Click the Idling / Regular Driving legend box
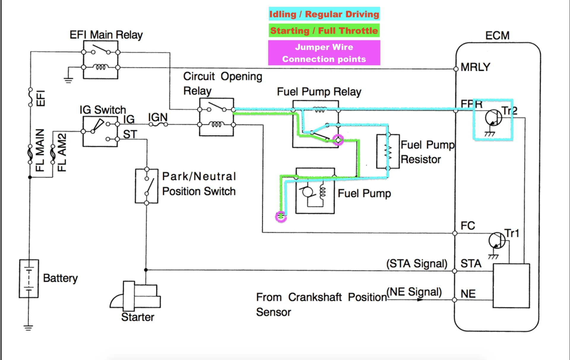click(x=324, y=14)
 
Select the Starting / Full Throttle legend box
click(x=324, y=31)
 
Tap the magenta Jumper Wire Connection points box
click(x=324, y=53)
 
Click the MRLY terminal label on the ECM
click(x=475, y=67)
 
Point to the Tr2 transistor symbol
click(x=493, y=118)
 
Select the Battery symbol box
click(x=29, y=278)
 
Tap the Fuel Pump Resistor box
click(x=388, y=151)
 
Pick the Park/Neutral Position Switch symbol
click(x=147, y=186)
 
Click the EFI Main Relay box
click(x=101, y=60)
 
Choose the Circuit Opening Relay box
click(x=216, y=117)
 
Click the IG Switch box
click(x=100, y=131)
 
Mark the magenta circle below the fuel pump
click(x=281, y=217)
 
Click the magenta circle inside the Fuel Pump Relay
click(x=338, y=140)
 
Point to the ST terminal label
click(x=130, y=135)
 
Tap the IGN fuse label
click(x=158, y=118)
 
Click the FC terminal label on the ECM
click(x=468, y=226)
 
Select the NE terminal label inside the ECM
click(x=468, y=294)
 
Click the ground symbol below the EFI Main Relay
click(x=68, y=80)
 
